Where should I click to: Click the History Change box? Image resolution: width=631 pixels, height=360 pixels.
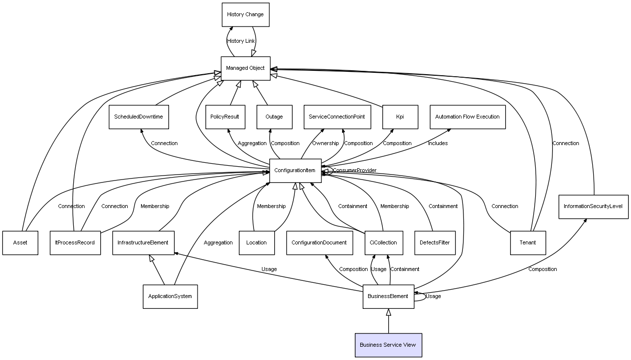[x=245, y=15]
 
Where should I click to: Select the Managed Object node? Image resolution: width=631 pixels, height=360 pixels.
[x=245, y=68]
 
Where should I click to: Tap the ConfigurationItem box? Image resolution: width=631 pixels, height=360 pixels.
[x=295, y=171]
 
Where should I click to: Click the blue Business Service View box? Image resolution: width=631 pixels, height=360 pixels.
[x=388, y=345]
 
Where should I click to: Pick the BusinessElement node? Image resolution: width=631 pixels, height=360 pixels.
[x=388, y=297]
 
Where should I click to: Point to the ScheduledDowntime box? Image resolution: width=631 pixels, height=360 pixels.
[x=138, y=117]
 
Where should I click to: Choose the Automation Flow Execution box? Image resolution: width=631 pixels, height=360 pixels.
[x=467, y=117]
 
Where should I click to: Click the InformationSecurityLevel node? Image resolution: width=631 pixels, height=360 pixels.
[x=593, y=207]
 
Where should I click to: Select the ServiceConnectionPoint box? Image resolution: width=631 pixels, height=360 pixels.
[x=337, y=117]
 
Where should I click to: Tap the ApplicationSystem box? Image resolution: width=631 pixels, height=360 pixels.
[x=170, y=297]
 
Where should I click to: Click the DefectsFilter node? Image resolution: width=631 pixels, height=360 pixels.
[x=434, y=242]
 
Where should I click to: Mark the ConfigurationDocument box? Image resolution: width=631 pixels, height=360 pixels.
[x=319, y=242]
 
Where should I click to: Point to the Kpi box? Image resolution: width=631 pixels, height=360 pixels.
[x=400, y=117]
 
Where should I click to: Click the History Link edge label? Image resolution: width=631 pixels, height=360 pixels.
[x=241, y=41]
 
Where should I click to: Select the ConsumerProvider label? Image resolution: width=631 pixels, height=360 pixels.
[x=354, y=171]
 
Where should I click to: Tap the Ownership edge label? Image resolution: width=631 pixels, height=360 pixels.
[x=325, y=144]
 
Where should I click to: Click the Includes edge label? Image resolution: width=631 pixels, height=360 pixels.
[x=437, y=144]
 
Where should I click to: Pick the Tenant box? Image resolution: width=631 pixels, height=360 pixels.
[x=527, y=242]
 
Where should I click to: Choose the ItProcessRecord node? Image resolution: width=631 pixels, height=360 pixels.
[x=75, y=242]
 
